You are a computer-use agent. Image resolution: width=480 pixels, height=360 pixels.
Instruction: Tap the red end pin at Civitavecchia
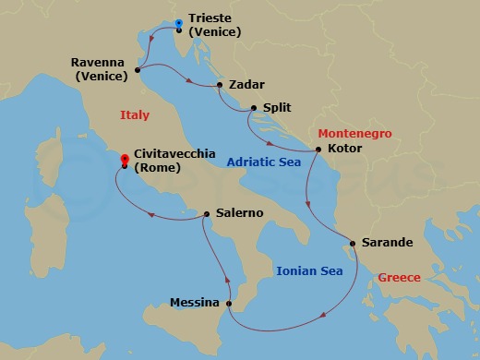(124, 162)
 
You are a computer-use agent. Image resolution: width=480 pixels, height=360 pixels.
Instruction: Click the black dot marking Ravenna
(138, 69)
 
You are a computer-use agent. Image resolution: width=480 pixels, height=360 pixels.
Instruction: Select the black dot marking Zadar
(220, 85)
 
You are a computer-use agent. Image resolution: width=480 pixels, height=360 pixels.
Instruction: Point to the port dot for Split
(251, 108)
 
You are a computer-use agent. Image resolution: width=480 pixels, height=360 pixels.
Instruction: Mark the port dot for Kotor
(318, 150)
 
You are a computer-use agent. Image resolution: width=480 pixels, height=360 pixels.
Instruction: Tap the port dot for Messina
(229, 303)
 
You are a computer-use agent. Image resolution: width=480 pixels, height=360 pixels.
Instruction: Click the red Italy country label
(135, 114)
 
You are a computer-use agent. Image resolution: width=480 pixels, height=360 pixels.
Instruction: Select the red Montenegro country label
(355, 134)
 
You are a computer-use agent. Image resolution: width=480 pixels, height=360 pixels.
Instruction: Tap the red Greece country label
(399, 277)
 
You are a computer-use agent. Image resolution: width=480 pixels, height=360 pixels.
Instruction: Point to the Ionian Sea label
(309, 270)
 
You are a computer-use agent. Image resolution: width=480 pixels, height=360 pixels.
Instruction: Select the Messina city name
(195, 302)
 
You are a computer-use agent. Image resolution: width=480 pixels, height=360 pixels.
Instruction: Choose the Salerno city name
(239, 212)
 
